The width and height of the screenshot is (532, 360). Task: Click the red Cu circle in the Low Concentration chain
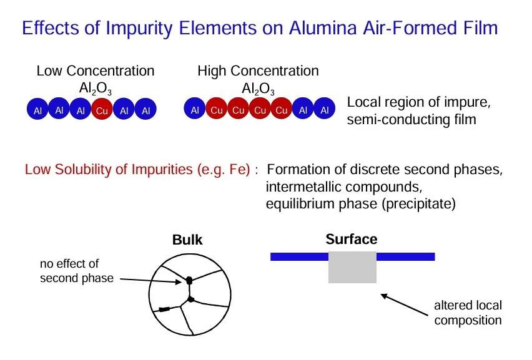pyautogui.click(x=102, y=109)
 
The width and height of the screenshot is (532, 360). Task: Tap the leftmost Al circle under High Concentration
pyautogui.click(x=195, y=109)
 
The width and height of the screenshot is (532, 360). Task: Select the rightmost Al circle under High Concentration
pyautogui.click(x=325, y=109)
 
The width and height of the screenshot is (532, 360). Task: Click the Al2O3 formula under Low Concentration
pyautogui.click(x=96, y=89)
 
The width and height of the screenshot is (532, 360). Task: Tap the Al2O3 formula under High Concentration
pyautogui.click(x=259, y=89)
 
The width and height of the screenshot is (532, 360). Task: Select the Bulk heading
pyautogui.click(x=187, y=240)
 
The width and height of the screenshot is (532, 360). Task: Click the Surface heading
pyautogui.click(x=352, y=240)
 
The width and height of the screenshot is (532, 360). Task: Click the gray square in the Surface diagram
pyautogui.click(x=353, y=268)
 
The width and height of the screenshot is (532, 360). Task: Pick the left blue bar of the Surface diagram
pyautogui.click(x=300, y=256)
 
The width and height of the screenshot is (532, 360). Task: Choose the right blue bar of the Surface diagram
pyautogui.click(x=405, y=256)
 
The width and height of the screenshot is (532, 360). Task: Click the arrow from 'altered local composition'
pyautogui.click(x=404, y=304)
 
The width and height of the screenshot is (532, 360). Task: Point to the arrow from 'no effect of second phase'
pyautogui.click(x=151, y=281)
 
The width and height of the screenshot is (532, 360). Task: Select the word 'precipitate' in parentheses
pyautogui.click(x=419, y=204)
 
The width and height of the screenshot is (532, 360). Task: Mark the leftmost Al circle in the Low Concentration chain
pyautogui.click(x=37, y=109)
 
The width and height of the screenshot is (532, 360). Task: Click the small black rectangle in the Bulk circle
pyautogui.click(x=164, y=309)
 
